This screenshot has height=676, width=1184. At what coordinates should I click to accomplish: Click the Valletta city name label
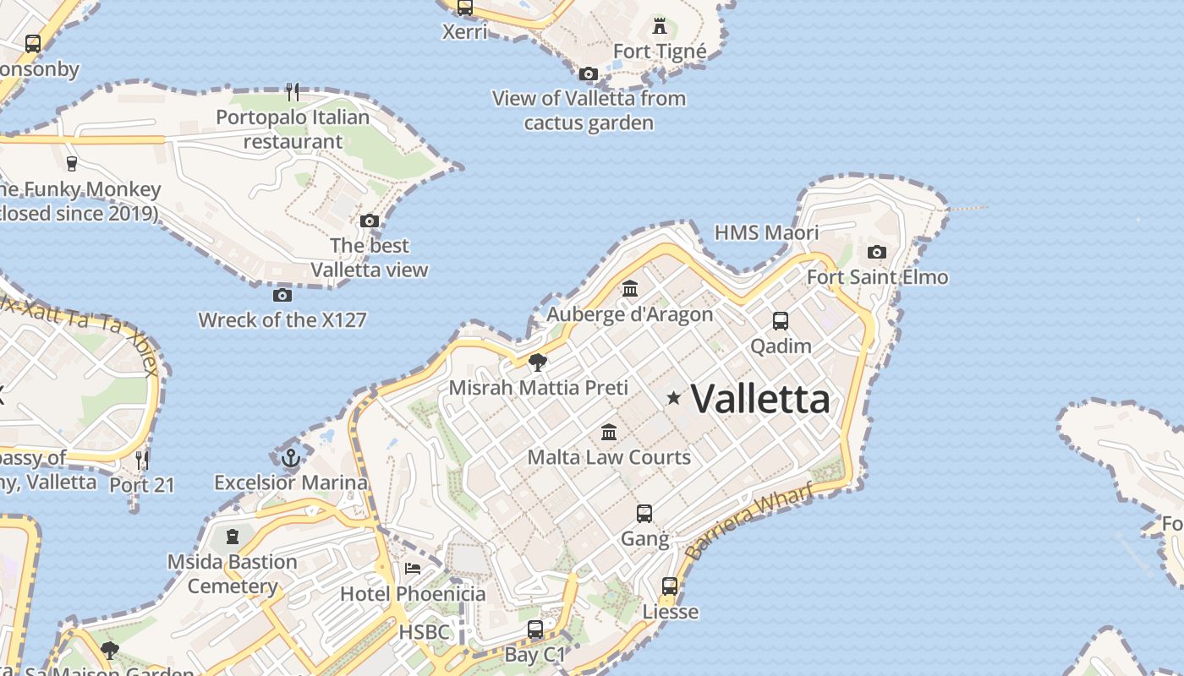click(x=760, y=399)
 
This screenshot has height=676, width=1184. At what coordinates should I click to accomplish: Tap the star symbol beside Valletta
click(x=673, y=397)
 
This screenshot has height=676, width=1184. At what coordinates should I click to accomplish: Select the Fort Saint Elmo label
click(x=877, y=277)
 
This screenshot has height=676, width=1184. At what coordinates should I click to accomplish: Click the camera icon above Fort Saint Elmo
click(x=877, y=252)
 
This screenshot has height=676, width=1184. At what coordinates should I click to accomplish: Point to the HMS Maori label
click(x=766, y=232)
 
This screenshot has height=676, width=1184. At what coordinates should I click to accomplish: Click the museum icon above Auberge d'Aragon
click(x=630, y=289)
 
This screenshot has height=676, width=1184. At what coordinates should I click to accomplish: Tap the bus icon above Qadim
click(x=781, y=321)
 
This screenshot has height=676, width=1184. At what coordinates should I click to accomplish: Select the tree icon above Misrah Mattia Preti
click(x=537, y=363)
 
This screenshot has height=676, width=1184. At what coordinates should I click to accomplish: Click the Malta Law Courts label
click(x=609, y=457)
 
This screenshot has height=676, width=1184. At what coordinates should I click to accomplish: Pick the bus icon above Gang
click(x=644, y=513)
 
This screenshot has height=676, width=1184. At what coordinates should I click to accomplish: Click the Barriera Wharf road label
click(x=749, y=521)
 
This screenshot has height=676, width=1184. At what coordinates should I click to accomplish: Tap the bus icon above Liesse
click(x=670, y=586)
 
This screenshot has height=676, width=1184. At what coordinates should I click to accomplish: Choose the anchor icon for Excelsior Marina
click(x=291, y=457)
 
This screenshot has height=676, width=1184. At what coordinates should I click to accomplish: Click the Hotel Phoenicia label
click(x=413, y=593)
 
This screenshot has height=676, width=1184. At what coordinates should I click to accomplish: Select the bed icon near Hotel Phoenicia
click(x=413, y=568)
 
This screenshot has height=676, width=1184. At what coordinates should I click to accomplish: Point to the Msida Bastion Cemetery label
click(x=232, y=574)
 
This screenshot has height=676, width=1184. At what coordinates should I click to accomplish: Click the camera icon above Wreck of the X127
click(x=282, y=295)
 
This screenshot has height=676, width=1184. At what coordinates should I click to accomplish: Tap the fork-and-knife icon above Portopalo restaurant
click(x=293, y=91)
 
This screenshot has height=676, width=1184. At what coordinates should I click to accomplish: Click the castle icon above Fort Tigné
click(x=660, y=25)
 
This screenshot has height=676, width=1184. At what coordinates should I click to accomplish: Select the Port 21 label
click(x=141, y=485)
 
